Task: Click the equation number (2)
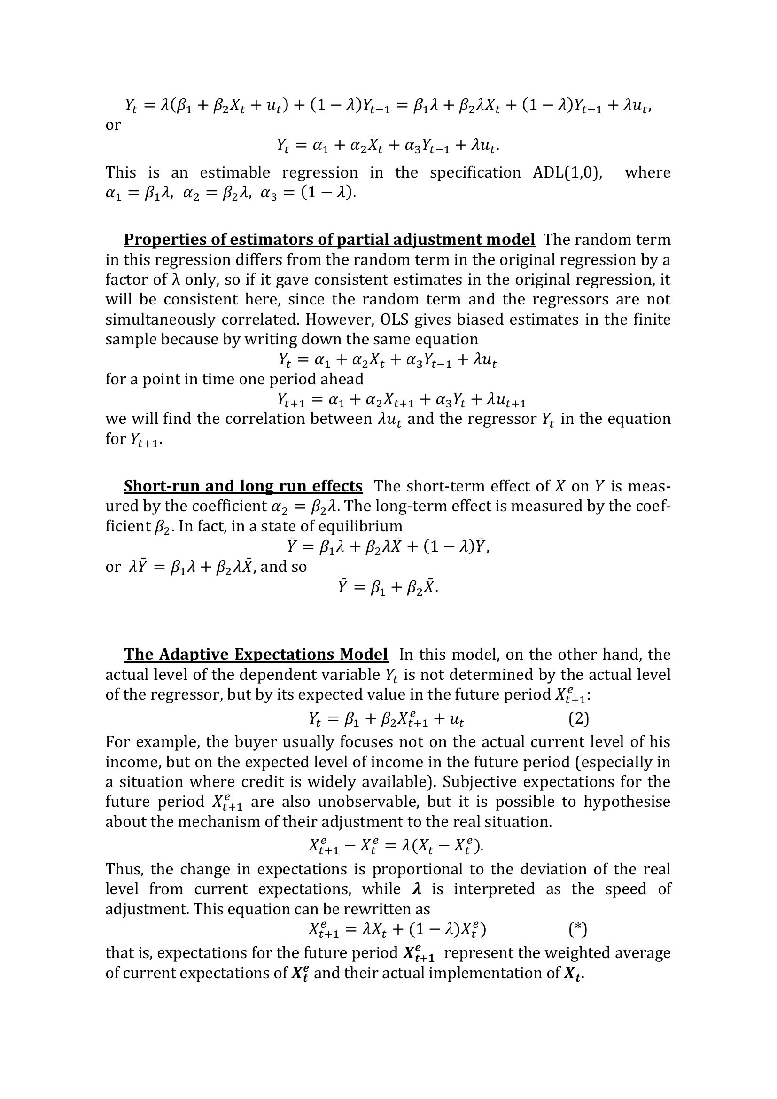tap(578, 719)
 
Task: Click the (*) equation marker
tap(578, 929)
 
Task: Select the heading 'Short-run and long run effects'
tap(243, 486)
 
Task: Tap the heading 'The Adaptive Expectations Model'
tap(256, 655)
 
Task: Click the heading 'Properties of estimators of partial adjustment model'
tap(329, 239)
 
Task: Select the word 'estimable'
tap(234, 172)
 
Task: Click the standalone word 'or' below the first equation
tap(113, 125)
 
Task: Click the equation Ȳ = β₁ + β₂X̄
tap(388, 587)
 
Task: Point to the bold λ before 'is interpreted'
tap(416, 889)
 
